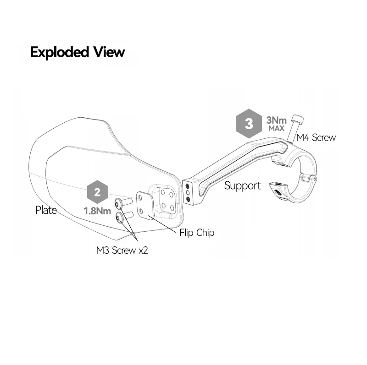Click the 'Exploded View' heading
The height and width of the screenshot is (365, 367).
pyautogui.click(x=78, y=52)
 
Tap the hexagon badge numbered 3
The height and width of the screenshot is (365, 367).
pyautogui.click(x=249, y=123)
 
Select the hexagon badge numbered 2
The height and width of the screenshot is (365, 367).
pyautogui.click(x=97, y=192)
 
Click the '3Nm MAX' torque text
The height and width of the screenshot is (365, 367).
pyautogui.click(x=277, y=124)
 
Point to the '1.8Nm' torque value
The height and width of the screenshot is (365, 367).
pyautogui.click(x=97, y=211)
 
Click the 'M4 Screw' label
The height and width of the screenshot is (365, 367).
pyautogui.click(x=316, y=137)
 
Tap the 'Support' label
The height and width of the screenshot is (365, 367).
pyautogui.click(x=243, y=186)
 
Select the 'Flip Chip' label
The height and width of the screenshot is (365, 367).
pyautogui.click(x=197, y=233)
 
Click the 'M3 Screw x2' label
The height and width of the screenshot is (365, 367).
pyautogui.click(x=122, y=250)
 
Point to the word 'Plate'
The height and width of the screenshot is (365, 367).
pyautogui.click(x=46, y=210)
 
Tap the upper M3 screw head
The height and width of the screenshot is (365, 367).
pyautogui.click(x=118, y=204)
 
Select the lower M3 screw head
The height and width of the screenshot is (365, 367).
pyautogui.click(x=119, y=218)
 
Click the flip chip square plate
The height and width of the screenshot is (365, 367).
pyautogui.click(x=145, y=206)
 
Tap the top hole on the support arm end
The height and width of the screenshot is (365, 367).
pyautogui.click(x=187, y=186)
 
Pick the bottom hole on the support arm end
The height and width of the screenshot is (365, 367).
pyautogui.click(x=188, y=199)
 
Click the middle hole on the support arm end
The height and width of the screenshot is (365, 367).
pyautogui.click(x=188, y=193)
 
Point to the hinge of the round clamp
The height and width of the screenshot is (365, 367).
pyautogui.click(x=309, y=177)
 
